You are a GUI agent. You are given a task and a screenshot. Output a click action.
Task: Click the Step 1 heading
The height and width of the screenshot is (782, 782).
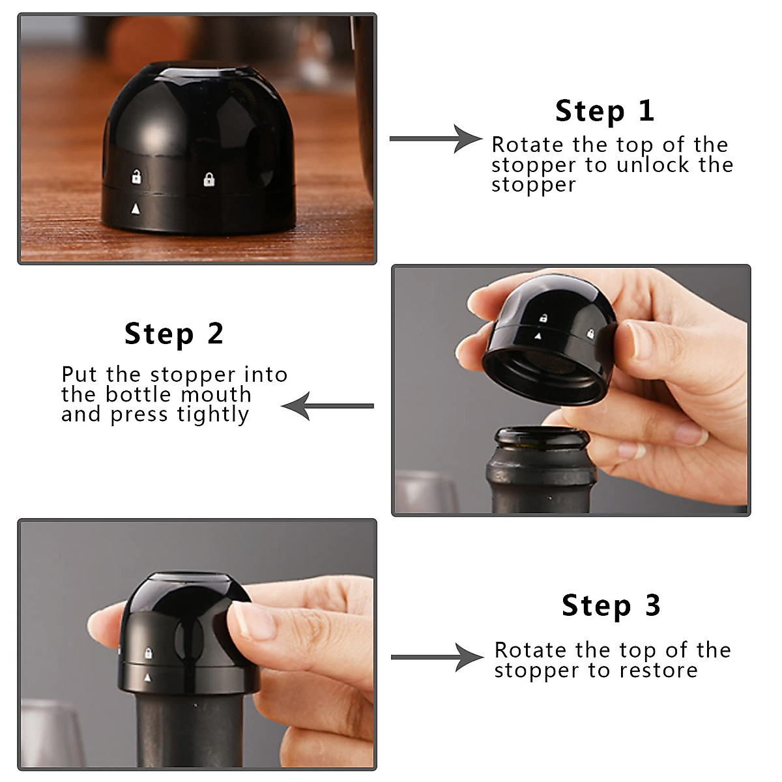point(605,111)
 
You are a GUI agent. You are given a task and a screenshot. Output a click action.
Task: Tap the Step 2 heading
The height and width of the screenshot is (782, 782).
point(174,334)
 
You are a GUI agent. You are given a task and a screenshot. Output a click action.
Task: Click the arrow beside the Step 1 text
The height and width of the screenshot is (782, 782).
point(436,139)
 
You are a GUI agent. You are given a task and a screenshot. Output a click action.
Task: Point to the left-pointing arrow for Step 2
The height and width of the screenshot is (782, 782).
point(328,406)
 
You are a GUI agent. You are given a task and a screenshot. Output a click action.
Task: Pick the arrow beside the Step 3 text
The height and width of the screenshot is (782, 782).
point(437,657)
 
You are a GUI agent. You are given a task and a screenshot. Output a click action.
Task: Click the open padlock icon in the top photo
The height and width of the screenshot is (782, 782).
point(136,177)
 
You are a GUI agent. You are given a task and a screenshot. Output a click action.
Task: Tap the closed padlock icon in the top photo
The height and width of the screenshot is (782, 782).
point(209,179)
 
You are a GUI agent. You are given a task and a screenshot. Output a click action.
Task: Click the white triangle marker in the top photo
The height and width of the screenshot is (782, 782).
point(136,209)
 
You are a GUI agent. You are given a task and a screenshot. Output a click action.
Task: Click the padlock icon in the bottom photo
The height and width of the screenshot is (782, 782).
point(149,653)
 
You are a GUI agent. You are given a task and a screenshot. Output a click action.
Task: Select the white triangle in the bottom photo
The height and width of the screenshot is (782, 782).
point(147,677)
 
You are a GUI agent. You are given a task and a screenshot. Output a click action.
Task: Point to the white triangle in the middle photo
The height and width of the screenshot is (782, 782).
point(538,336)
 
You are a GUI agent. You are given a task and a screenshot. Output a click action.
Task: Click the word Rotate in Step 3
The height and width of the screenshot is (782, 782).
point(530,650)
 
